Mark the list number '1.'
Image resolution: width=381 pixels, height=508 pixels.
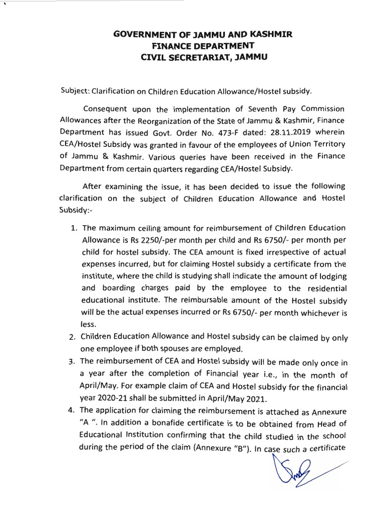click(73, 228)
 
